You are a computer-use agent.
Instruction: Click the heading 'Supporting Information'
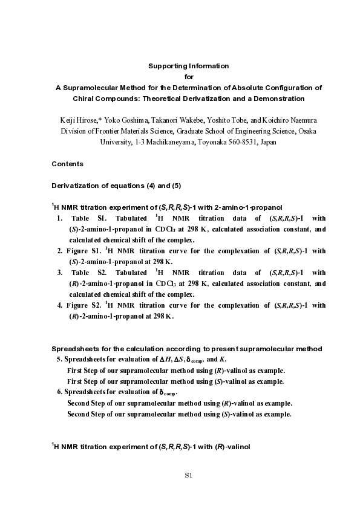click(x=189, y=65)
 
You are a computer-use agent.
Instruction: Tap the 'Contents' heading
click(x=67, y=164)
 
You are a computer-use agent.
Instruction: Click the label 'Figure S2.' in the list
click(x=83, y=305)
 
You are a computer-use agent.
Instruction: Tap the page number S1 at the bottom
click(x=188, y=476)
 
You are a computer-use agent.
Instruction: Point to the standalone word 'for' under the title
click(x=189, y=76)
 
